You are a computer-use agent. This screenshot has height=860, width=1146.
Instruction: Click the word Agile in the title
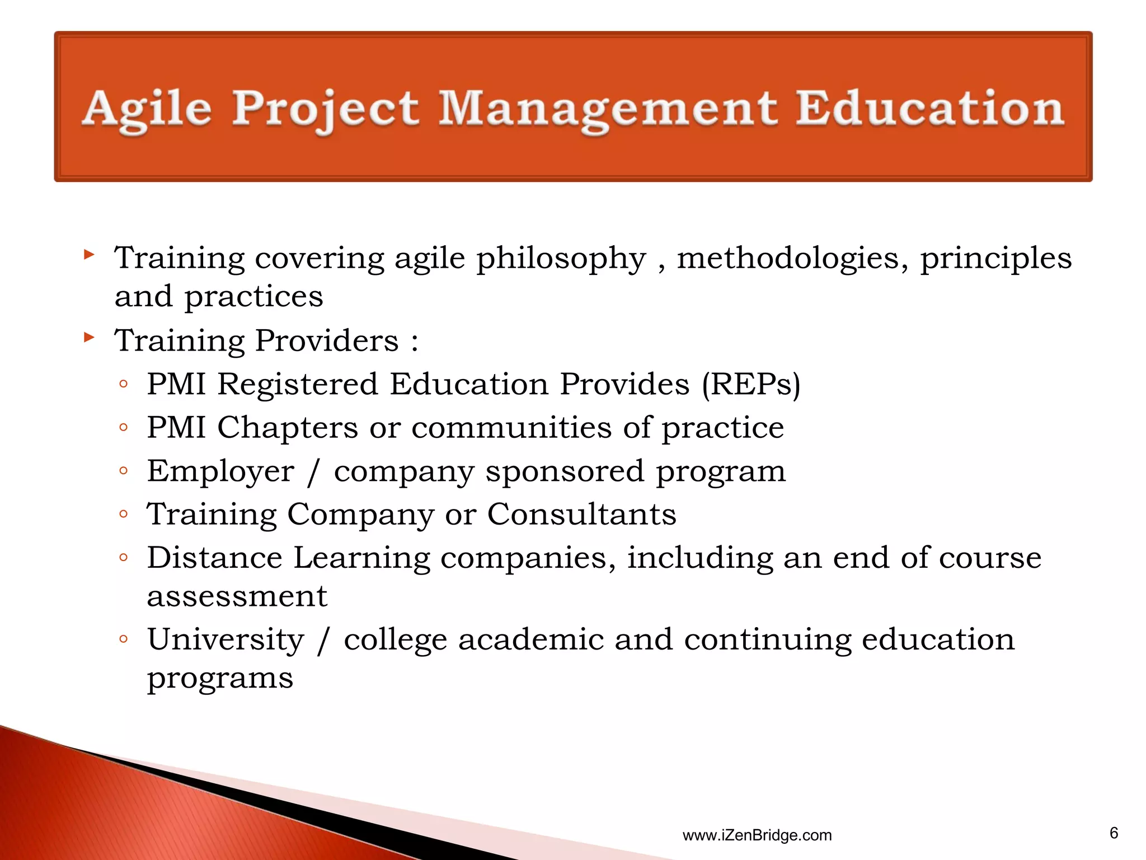147,109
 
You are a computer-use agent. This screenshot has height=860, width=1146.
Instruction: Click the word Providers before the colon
327,340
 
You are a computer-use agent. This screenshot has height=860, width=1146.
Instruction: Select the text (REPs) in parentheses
751,385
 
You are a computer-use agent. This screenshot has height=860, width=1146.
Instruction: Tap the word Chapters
288,428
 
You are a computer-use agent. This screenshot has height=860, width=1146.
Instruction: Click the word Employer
220,471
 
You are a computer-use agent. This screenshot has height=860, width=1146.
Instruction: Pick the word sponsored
565,471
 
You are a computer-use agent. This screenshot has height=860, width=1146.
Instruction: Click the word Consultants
581,514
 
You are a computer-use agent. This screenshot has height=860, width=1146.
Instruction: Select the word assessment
237,596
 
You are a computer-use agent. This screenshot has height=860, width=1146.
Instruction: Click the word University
226,640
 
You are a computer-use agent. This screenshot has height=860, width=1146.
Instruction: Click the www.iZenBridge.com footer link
757,835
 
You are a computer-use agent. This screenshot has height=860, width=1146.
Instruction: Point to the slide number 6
1114,833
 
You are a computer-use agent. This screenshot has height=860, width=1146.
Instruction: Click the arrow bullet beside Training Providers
89,337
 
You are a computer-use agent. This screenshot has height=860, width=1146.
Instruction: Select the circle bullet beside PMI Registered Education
124,384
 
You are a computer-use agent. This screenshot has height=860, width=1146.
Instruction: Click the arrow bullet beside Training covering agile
89,255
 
